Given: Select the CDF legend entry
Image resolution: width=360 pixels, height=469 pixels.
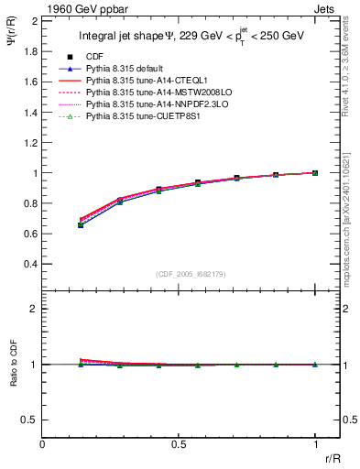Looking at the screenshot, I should pyautogui.click(x=94, y=57).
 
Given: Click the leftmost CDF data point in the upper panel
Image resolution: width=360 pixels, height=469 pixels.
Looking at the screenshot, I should pyautogui.click(x=81, y=224).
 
